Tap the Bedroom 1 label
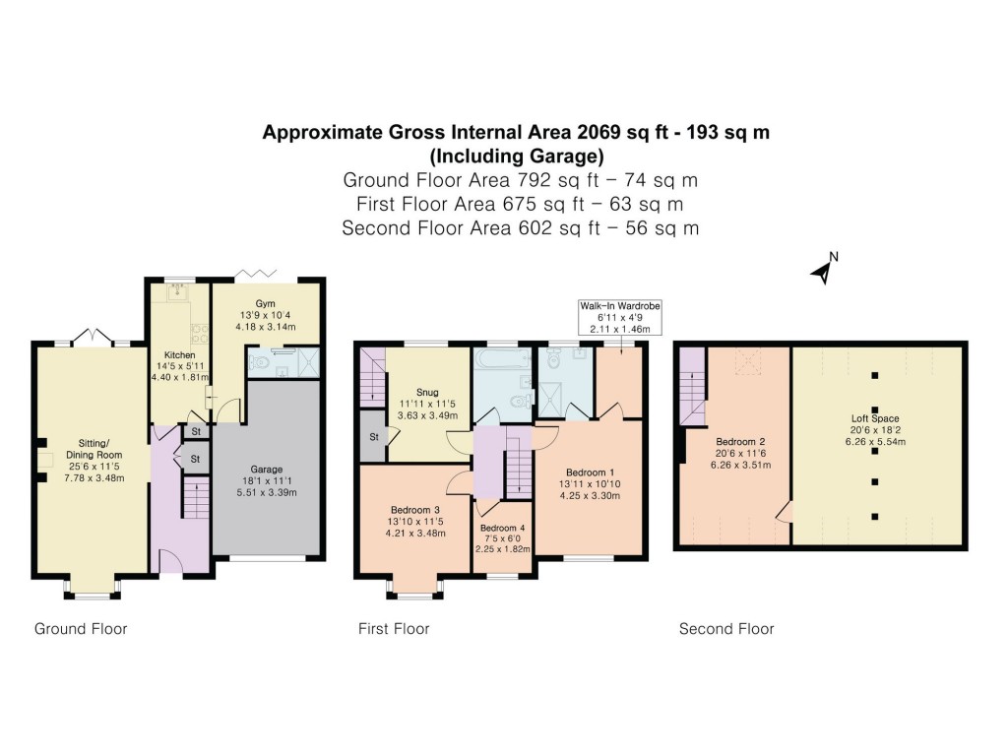click(x=591, y=473)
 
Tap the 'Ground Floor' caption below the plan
click(x=81, y=629)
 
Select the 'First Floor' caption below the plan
click(x=394, y=629)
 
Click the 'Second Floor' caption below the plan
click(x=726, y=629)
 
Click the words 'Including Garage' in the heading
click(x=516, y=157)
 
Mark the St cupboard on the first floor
click(x=374, y=437)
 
